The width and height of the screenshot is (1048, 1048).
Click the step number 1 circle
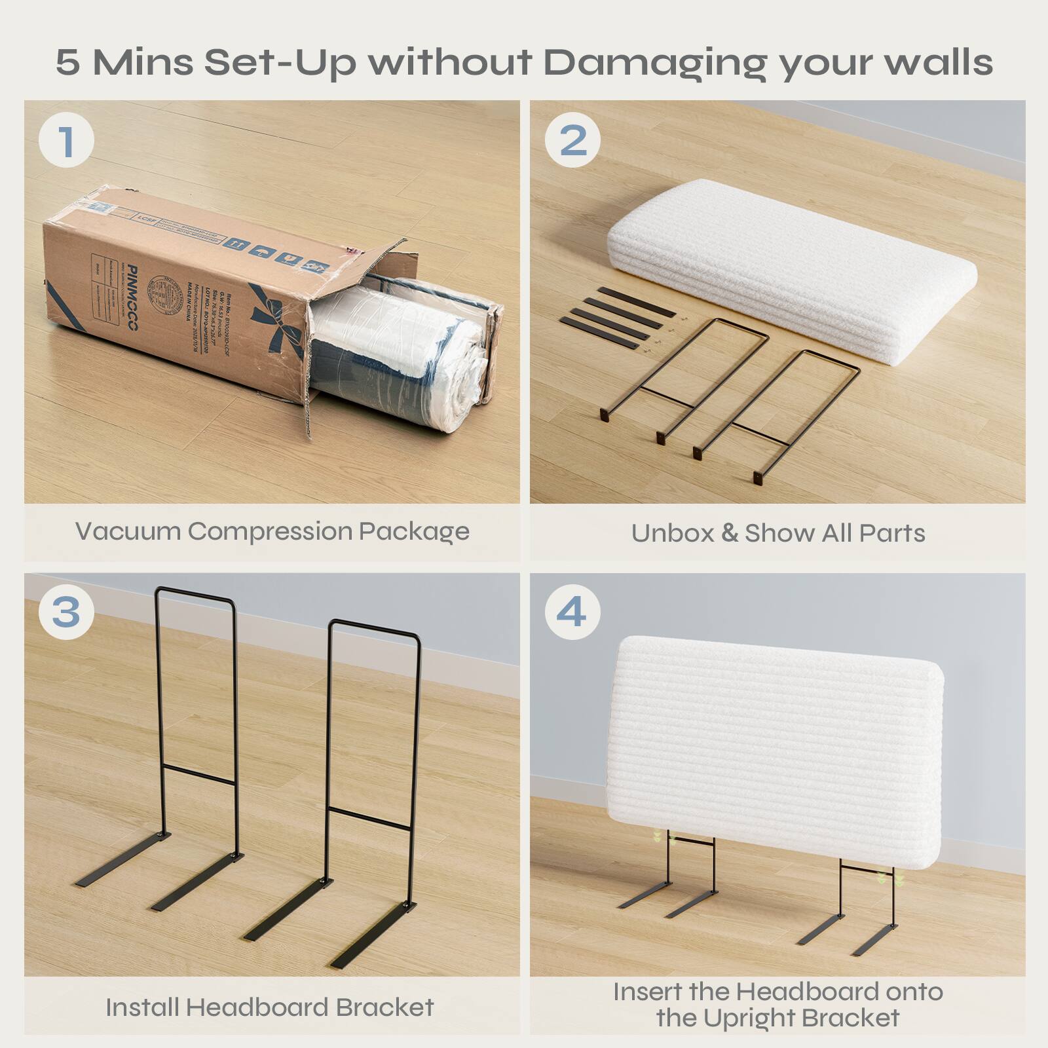[x=66, y=140]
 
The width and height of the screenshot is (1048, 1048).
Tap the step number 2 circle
[x=573, y=140]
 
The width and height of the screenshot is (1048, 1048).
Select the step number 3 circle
[x=66, y=612]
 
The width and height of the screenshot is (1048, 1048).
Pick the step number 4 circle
[x=572, y=612]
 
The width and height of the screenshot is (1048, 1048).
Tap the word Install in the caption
[x=142, y=1007]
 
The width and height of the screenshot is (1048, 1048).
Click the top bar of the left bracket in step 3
[x=195, y=595]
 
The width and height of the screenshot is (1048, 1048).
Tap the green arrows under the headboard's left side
[x=656, y=837]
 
